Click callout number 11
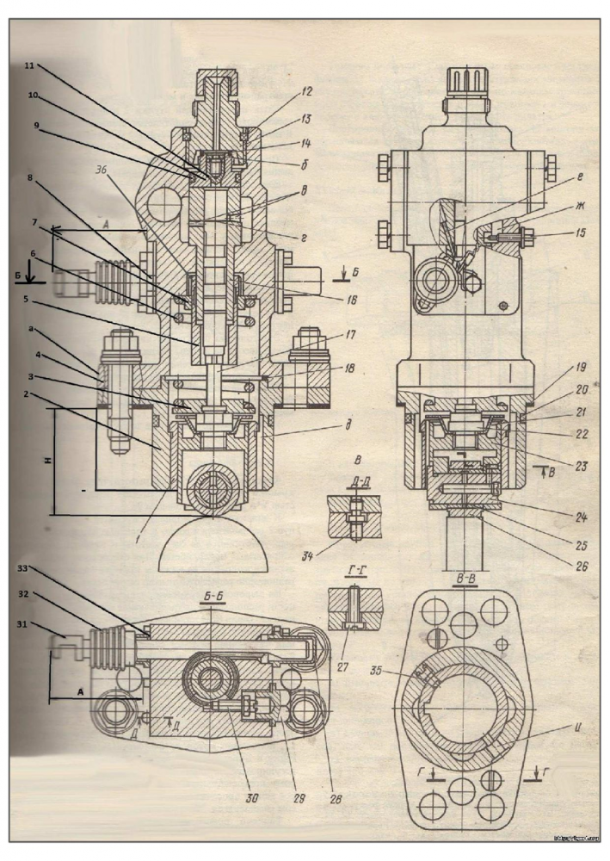29,65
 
